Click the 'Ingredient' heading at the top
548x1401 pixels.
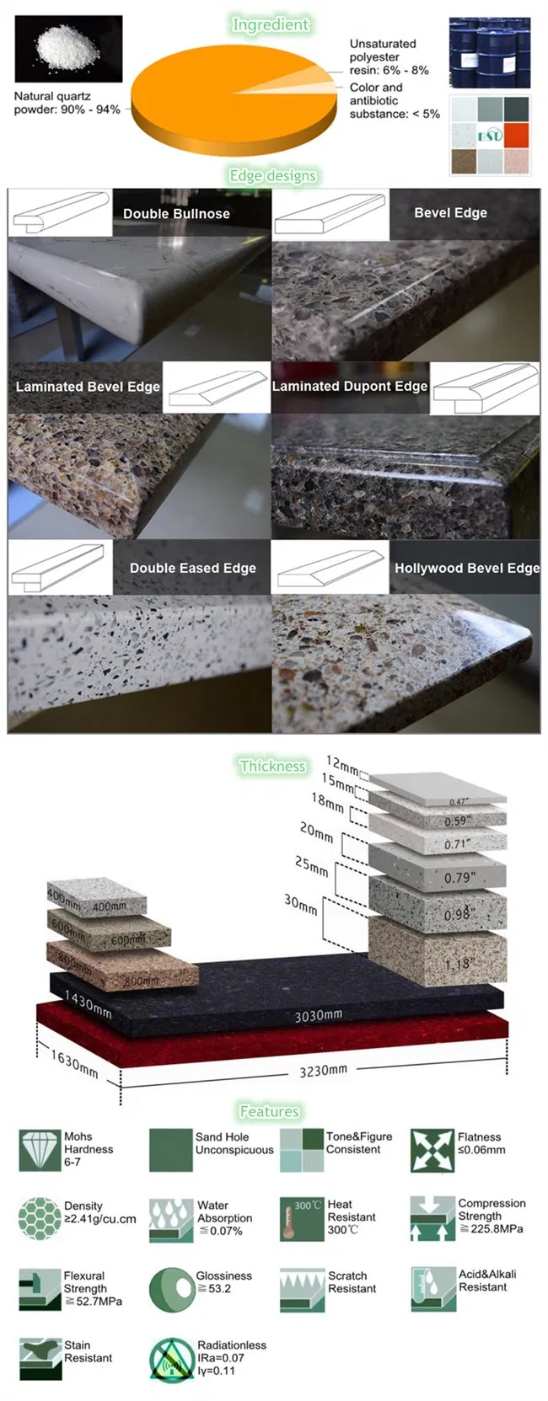271,25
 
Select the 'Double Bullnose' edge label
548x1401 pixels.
176,214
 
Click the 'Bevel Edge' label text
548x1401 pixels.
450,213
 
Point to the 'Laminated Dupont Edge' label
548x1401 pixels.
349,387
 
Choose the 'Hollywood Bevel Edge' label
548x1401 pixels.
466,569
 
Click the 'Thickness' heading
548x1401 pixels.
272,767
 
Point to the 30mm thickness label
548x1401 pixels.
301,904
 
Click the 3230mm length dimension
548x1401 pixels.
323,1071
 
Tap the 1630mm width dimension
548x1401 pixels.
74,1064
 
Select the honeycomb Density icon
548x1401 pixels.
40,1219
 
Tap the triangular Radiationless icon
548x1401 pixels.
171,1358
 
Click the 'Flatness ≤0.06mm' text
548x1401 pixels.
481,1143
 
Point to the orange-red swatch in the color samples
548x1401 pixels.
516,135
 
